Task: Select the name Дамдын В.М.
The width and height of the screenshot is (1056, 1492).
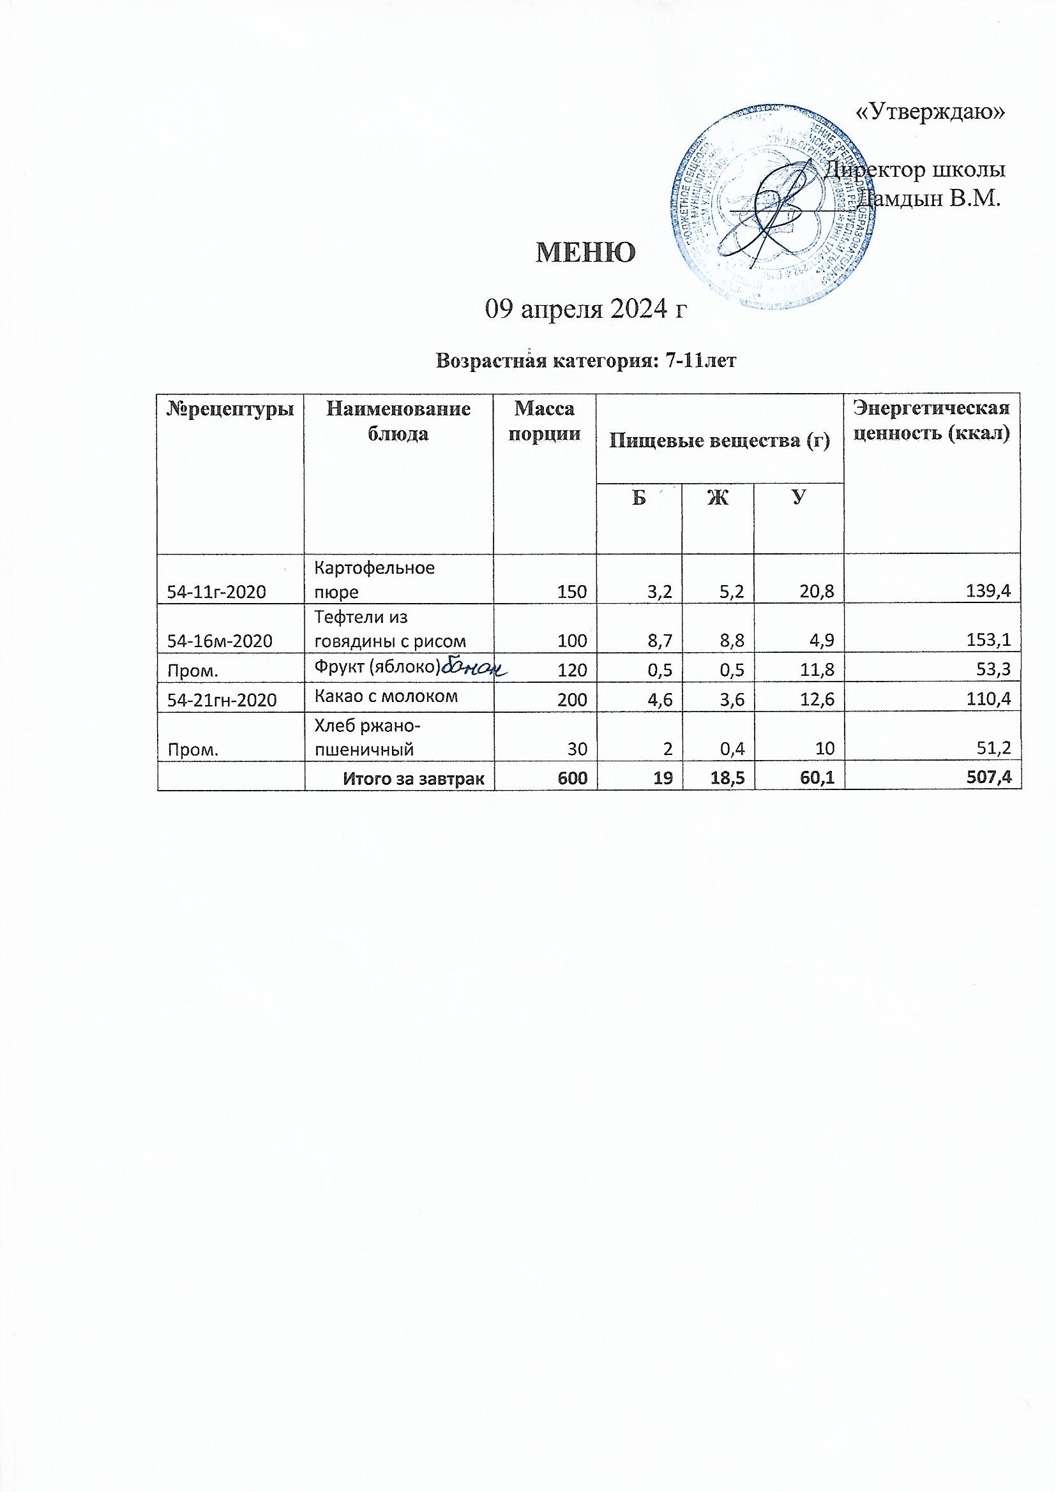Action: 930,198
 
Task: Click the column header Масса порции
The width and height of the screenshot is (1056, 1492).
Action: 544,422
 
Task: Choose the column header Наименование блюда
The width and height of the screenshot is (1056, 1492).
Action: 398,422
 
